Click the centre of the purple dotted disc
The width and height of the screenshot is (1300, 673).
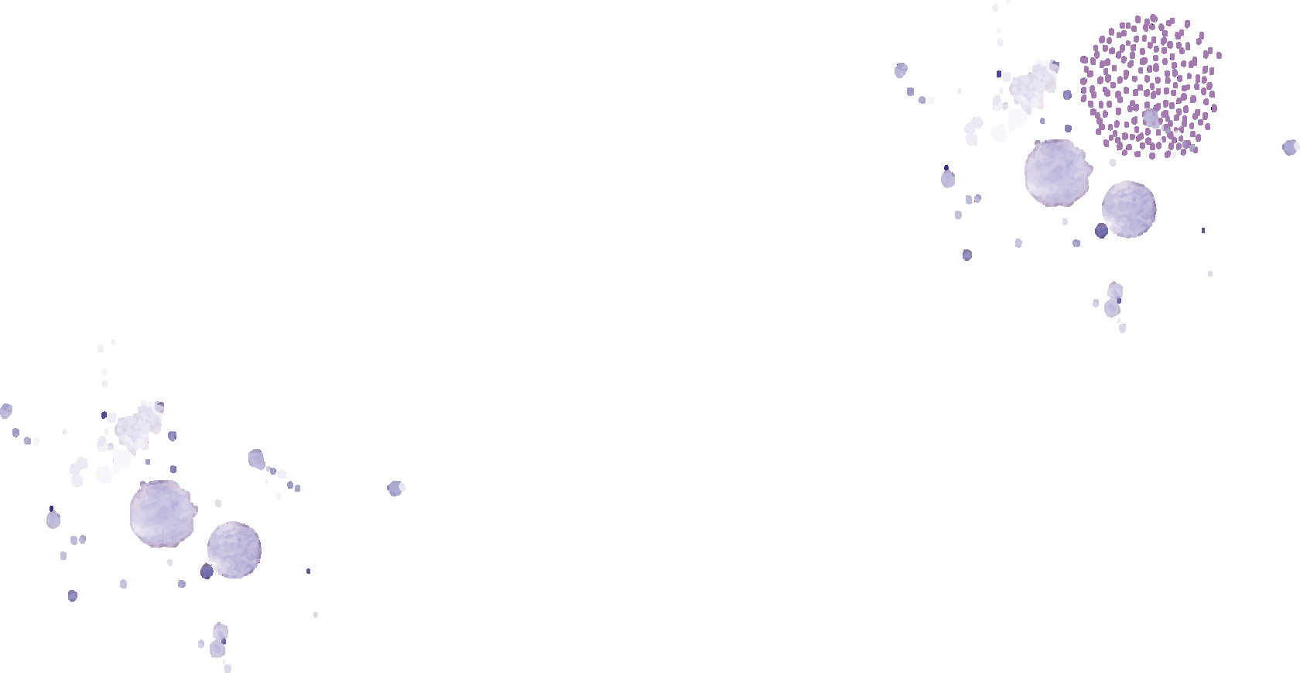tap(1151, 86)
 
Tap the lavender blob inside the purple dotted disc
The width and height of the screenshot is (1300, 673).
tap(1151, 118)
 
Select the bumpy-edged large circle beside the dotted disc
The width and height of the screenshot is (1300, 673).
tap(1056, 173)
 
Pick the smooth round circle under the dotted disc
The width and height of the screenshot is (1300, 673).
tap(1129, 209)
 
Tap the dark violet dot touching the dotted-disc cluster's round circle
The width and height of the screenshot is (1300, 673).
tap(1101, 230)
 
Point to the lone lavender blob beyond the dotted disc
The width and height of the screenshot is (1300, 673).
tap(1290, 147)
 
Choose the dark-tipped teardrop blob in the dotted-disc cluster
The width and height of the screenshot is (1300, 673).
tap(948, 179)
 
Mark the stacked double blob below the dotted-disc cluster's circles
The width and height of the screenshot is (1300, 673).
tap(1114, 300)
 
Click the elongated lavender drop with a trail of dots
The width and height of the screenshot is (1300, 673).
tap(256, 459)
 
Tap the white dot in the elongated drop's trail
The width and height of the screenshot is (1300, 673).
tap(282, 473)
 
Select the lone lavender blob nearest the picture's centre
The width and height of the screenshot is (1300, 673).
tap(395, 488)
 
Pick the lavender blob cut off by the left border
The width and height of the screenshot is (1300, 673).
tap(5, 410)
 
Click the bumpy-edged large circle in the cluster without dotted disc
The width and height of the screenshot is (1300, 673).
tap(162, 513)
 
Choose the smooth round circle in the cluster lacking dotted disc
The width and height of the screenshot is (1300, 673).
tap(234, 550)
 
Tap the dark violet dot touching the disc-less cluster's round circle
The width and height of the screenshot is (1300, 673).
tap(207, 572)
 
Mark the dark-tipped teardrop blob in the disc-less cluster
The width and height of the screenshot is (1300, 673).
tap(53, 519)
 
